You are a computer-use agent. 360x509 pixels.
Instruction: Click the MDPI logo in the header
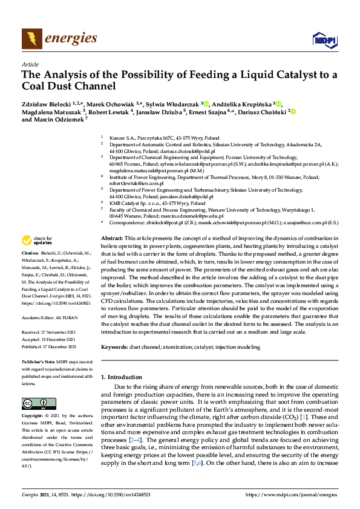[x=324, y=40]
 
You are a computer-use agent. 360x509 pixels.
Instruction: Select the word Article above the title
[x=30, y=63]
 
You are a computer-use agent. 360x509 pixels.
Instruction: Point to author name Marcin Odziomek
[x=57, y=120]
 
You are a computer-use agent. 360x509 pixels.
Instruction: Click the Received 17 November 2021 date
[x=49, y=332]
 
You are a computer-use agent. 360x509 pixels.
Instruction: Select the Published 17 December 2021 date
[x=49, y=346]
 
